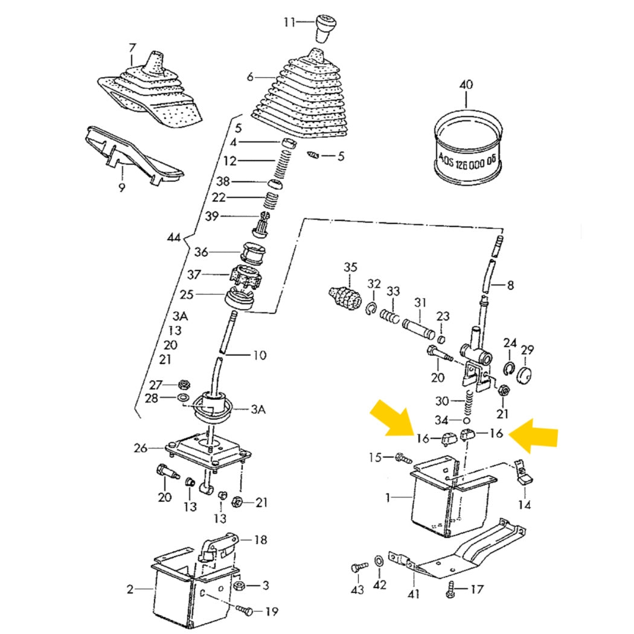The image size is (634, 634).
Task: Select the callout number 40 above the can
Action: (x=466, y=85)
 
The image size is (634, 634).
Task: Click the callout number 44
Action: (x=174, y=239)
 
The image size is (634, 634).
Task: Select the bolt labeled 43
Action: (x=358, y=568)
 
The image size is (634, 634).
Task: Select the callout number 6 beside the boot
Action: (x=250, y=77)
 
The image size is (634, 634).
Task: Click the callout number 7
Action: (x=133, y=48)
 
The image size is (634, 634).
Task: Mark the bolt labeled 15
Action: (x=401, y=458)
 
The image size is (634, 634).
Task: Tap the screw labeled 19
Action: (x=246, y=611)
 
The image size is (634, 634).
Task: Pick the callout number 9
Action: (x=121, y=188)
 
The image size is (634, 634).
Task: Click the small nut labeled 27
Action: (x=184, y=384)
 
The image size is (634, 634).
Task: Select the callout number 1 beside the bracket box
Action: (x=389, y=498)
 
